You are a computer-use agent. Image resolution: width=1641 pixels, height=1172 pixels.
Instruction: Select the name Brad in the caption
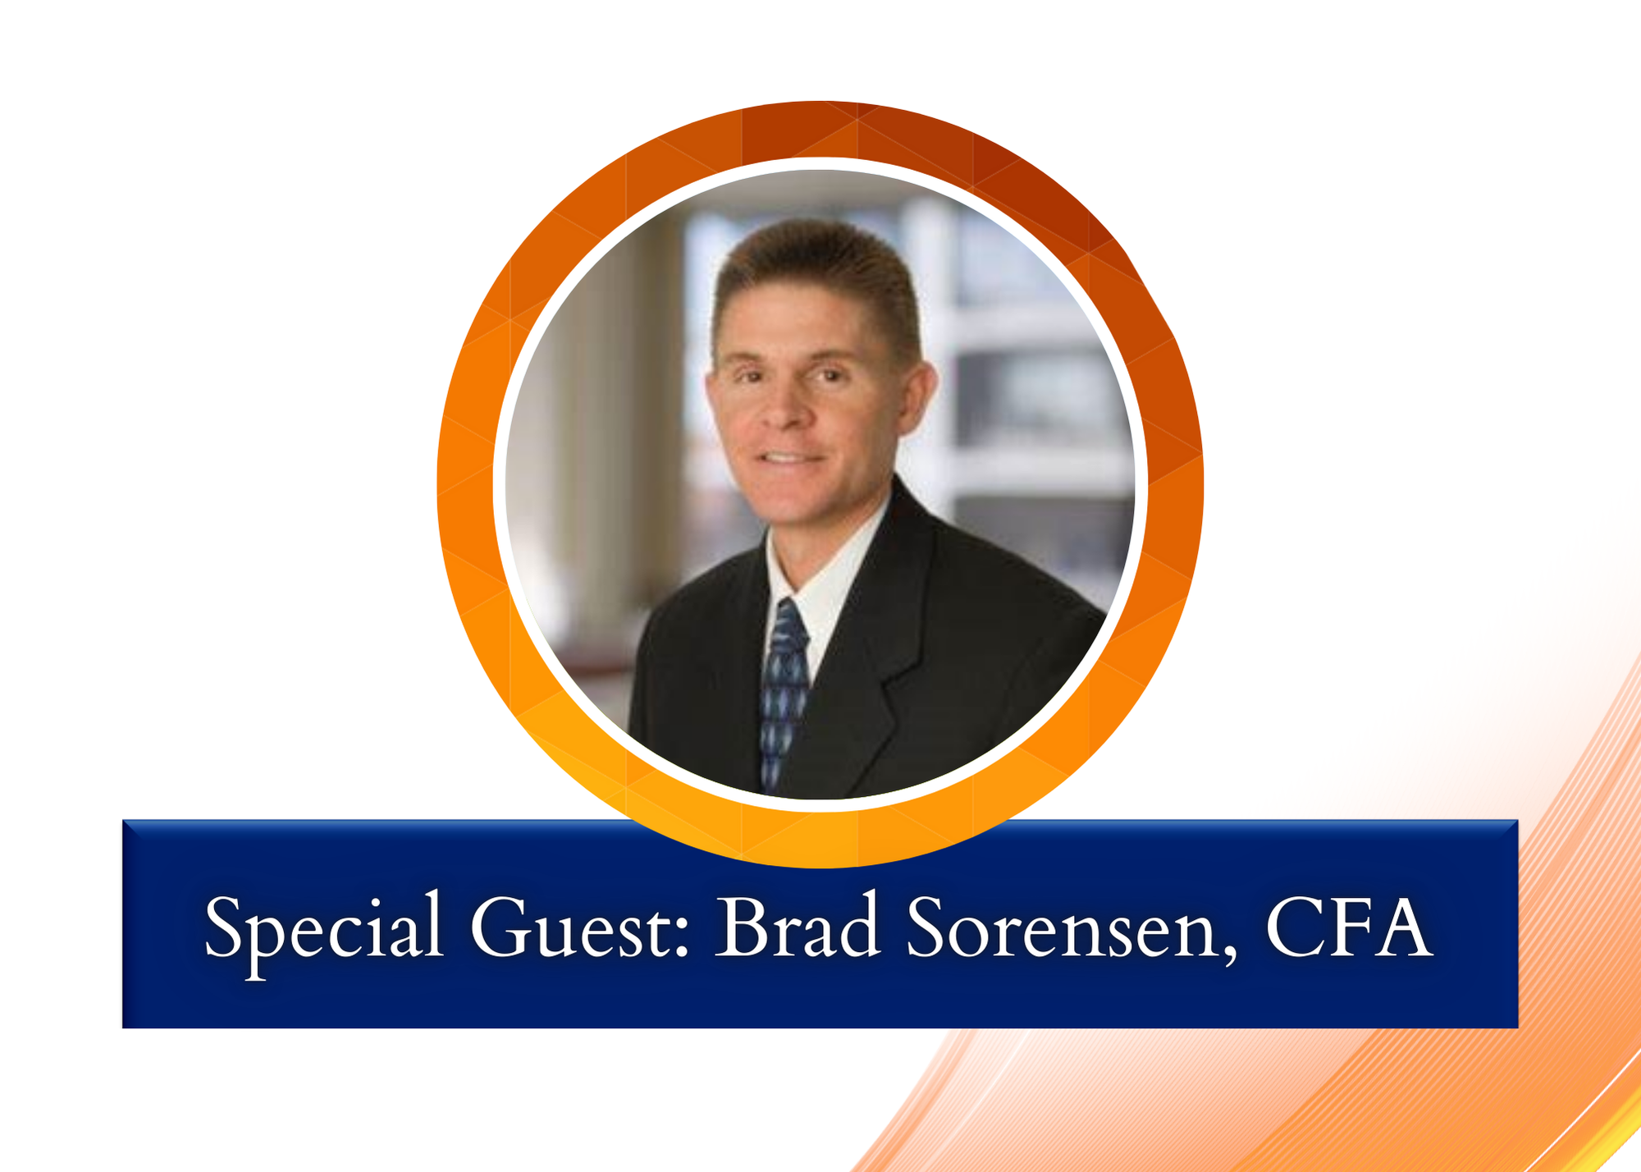(798, 925)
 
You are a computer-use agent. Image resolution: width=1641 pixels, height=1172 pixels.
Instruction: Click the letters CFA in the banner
(1349, 927)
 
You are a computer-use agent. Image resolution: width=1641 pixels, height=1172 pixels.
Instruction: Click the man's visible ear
(917, 398)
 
